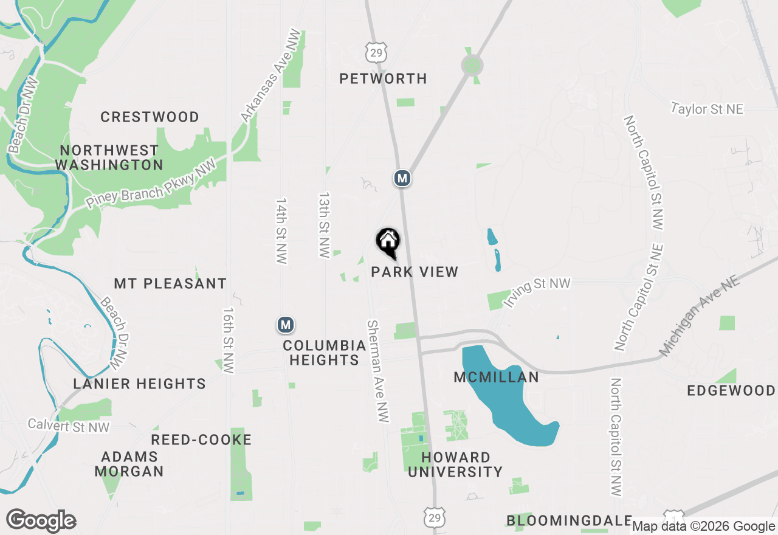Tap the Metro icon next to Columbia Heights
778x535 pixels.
point(286,325)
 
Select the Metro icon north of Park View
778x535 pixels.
point(402,178)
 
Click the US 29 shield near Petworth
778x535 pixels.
point(376,52)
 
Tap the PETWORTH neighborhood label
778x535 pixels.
point(383,78)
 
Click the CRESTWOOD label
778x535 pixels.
point(150,117)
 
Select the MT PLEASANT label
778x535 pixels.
point(170,283)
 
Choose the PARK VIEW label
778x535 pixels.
point(415,272)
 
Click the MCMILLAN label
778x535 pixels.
point(497,378)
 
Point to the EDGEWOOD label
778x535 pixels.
point(731,390)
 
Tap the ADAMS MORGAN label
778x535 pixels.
point(129,464)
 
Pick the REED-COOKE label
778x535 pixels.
point(201,440)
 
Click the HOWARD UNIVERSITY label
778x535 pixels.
point(455,464)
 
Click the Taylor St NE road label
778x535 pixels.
point(707,109)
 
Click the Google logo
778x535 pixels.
point(41,521)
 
